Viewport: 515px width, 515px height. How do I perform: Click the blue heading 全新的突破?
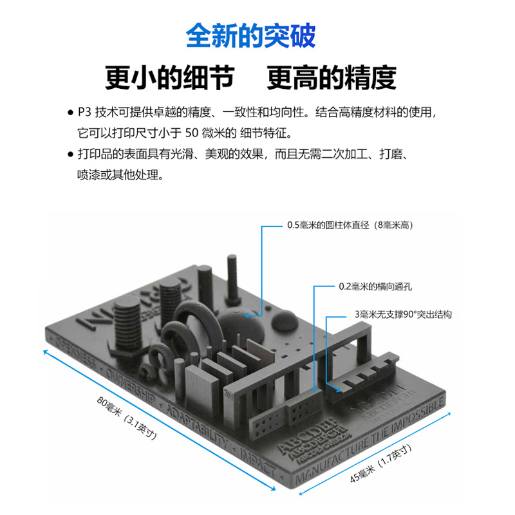(x=251, y=36)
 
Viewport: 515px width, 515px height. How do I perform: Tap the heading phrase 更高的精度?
(x=332, y=77)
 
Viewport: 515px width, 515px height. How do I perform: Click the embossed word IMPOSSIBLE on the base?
(x=418, y=413)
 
